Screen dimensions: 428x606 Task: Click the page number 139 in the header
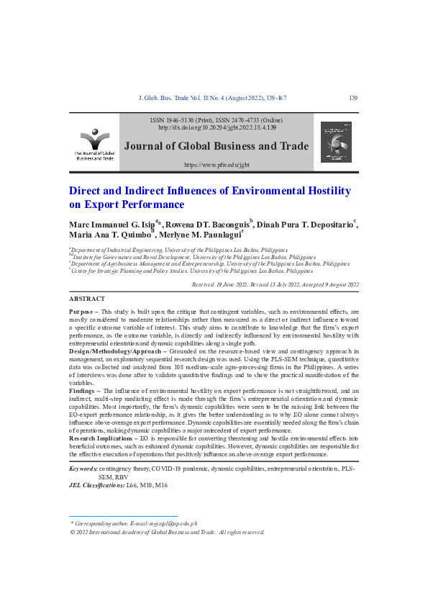pyautogui.click(x=352, y=98)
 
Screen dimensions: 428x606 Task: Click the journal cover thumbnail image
pyautogui.click(x=336, y=141)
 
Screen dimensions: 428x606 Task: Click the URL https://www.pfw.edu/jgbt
pyautogui.click(x=217, y=165)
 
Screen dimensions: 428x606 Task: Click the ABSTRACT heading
pyautogui.click(x=86, y=299)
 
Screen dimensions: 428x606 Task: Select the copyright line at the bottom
pyautogui.click(x=167, y=533)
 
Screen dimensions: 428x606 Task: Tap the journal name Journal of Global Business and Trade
pyautogui.click(x=217, y=146)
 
